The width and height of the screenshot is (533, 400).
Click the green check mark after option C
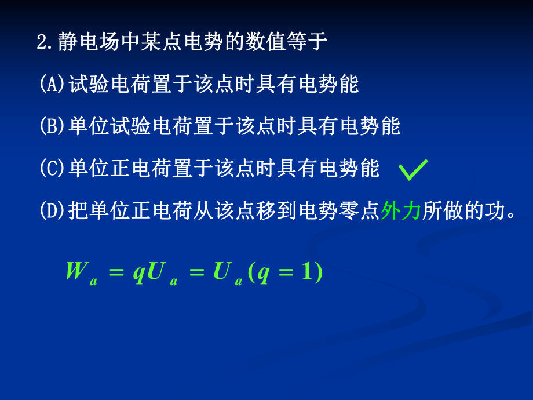[x=414, y=170]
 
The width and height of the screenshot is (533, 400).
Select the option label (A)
[x=53, y=85]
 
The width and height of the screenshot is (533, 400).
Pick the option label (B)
[x=53, y=126]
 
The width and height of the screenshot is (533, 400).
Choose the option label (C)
[x=53, y=169]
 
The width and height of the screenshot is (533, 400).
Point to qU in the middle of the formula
[x=148, y=272]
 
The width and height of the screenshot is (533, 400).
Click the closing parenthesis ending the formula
[x=319, y=272]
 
